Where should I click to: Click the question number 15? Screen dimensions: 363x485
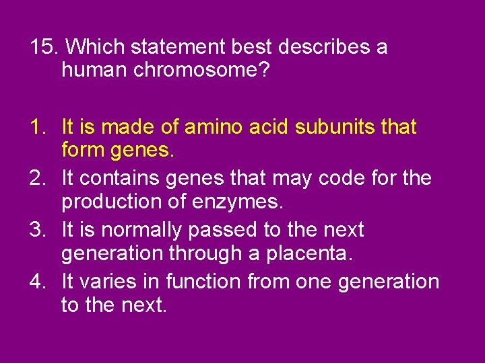coord(43,47)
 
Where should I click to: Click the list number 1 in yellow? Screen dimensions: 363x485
coord(38,126)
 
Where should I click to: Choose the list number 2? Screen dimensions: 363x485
coord(38,178)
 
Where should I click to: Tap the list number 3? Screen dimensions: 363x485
coord(38,230)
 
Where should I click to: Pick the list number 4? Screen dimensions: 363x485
coord(38,282)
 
